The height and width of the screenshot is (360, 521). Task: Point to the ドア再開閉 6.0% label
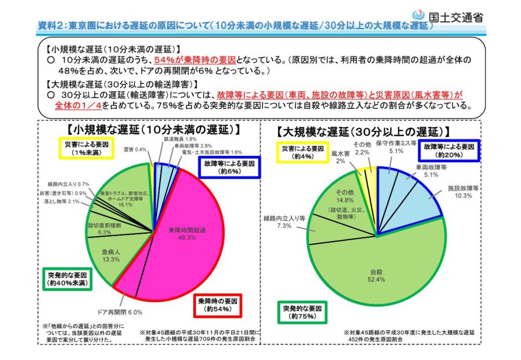coord(120,313)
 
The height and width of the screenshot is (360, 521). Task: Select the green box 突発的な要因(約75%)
coord(302,312)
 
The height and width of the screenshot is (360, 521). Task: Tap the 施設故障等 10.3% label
coord(463,192)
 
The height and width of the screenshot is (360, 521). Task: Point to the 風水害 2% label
coord(340,158)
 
